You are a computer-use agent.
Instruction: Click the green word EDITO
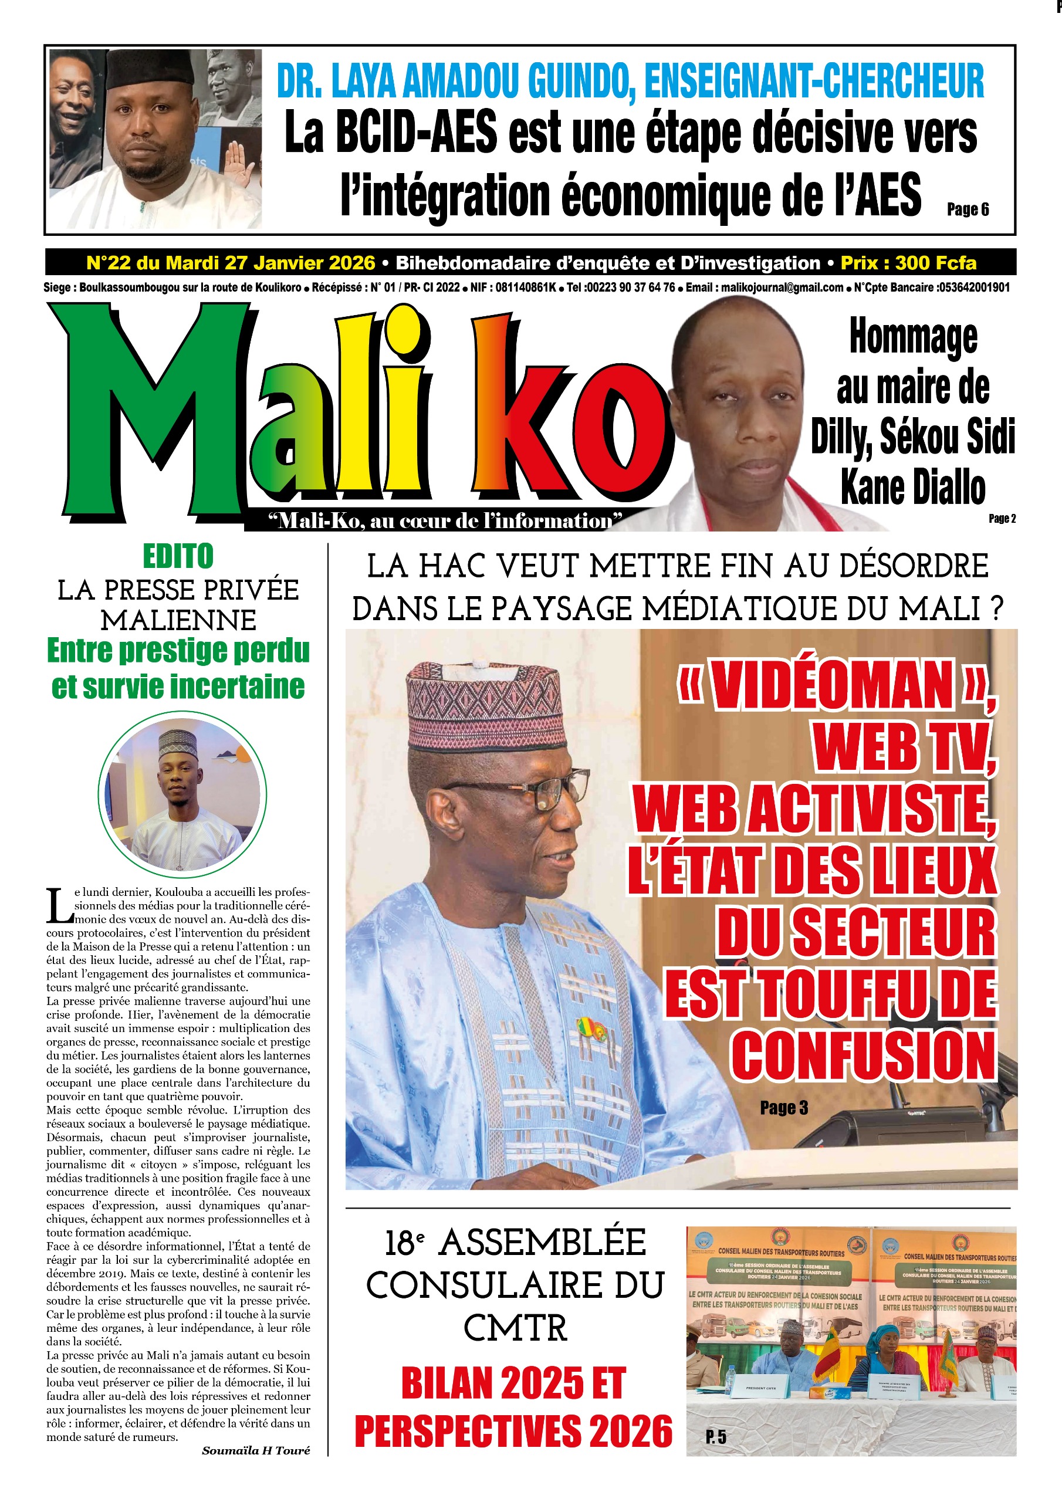coord(178,557)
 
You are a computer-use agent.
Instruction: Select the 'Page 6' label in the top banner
coord(967,209)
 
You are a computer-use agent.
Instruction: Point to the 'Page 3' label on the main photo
coord(783,1108)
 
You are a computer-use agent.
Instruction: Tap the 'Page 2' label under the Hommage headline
coord(1002,518)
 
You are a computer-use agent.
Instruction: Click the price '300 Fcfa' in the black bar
coord(936,263)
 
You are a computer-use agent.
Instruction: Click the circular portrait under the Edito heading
coord(182,796)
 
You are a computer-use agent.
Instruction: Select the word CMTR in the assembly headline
coord(515,1329)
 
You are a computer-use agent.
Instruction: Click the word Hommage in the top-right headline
coord(913,337)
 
